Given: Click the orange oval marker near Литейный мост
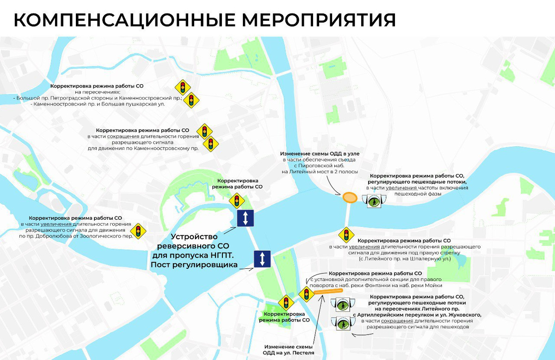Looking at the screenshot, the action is pyautogui.click(x=350, y=198).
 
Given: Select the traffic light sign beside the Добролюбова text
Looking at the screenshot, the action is pyautogui.click(x=138, y=230).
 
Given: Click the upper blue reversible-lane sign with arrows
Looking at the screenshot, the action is pyautogui.click(x=245, y=218).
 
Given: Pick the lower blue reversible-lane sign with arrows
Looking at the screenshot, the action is pyautogui.click(x=262, y=259).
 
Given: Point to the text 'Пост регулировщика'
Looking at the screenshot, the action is pyautogui.click(x=194, y=265).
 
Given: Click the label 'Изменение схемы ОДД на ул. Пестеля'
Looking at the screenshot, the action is pyautogui.click(x=289, y=350).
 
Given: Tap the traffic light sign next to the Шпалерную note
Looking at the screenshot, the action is pyautogui.click(x=345, y=235).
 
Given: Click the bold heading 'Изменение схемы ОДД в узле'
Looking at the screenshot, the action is pyautogui.click(x=320, y=153).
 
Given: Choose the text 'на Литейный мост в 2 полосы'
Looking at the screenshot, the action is pyautogui.click(x=320, y=172).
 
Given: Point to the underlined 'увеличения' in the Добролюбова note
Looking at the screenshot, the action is pyautogui.click(x=56, y=224).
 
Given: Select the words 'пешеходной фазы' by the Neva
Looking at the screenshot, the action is pyautogui.click(x=417, y=194).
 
